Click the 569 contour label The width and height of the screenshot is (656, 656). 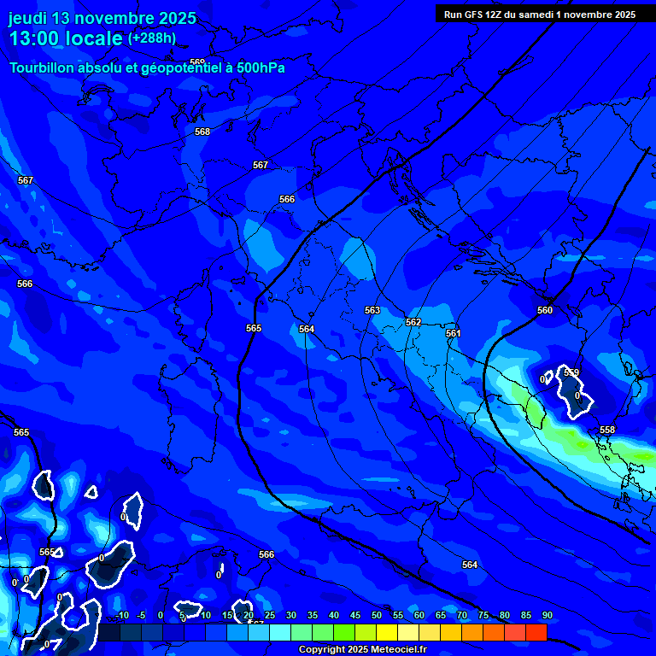197,62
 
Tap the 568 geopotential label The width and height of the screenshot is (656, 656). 202,132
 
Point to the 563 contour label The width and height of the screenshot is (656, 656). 372,311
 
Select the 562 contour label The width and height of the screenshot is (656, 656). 413,322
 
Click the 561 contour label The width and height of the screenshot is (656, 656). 454,333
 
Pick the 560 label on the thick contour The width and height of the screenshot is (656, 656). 545,310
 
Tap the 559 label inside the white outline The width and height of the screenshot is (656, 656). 571,372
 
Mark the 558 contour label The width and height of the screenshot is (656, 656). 607,430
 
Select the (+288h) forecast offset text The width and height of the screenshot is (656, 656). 152,38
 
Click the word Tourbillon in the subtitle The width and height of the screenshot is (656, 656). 44,68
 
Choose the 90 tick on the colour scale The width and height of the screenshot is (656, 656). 547,615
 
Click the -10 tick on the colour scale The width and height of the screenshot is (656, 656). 120,615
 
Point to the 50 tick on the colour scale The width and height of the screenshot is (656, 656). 377,615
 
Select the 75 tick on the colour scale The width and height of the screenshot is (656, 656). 483,615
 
